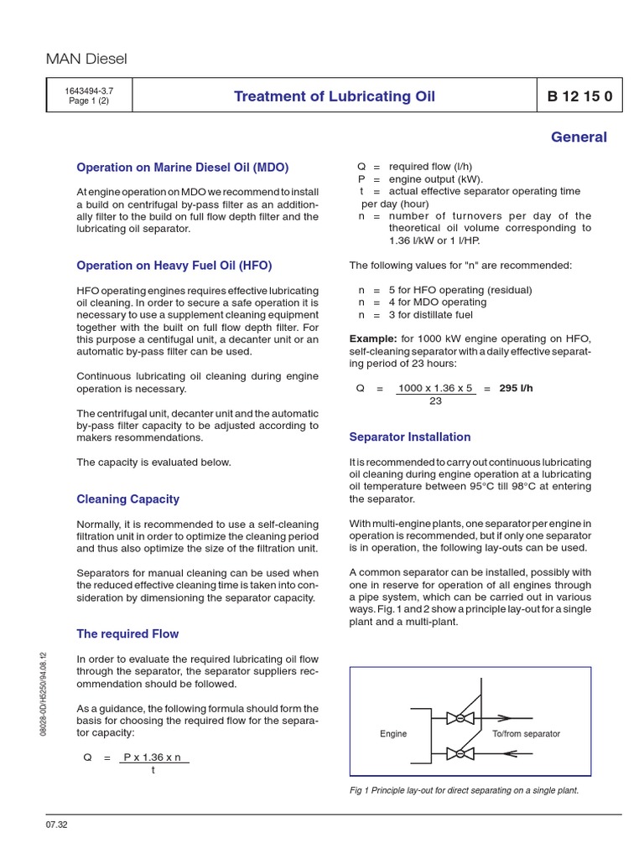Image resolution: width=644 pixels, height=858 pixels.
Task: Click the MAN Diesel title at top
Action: point(86,59)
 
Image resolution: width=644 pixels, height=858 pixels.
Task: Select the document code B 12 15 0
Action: point(579,96)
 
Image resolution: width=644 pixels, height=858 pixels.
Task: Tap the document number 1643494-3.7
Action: point(89,90)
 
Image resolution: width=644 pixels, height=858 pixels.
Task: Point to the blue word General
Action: point(579,137)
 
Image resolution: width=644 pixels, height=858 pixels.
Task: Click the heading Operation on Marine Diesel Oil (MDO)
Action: point(182,168)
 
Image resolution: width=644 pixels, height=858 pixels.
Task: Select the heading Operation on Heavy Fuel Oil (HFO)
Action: point(174,266)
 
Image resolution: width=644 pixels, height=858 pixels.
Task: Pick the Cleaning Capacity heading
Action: point(127,499)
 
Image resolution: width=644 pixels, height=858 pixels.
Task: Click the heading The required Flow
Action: point(127,633)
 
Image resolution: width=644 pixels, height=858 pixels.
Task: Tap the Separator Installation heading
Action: point(409,437)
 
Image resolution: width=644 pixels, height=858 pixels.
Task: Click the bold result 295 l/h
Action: point(516,388)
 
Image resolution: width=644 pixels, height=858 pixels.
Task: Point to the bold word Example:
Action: point(373,339)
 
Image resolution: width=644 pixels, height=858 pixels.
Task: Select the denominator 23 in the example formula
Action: point(435,401)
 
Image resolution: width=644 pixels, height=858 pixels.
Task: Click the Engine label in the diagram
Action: point(393,733)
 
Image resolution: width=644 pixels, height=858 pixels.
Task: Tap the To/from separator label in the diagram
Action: point(526,733)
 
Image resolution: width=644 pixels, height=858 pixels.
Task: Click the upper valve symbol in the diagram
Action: point(460,718)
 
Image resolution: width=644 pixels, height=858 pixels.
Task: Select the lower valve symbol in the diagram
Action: point(460,753)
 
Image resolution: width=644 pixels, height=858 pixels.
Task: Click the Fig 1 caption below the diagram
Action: point(464,790)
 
